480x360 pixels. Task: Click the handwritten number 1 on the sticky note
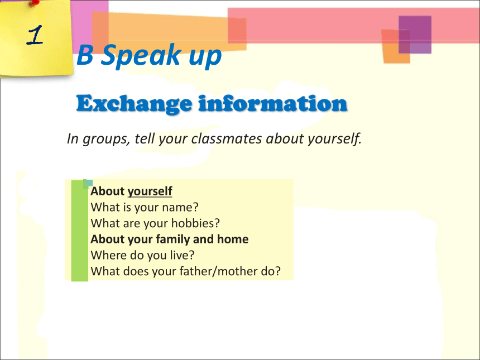[x=35, y=35]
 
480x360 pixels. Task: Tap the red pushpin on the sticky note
[x=35, y=2]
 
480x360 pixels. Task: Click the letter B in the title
[x=85, y=55]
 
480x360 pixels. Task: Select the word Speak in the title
[x=141, y=56]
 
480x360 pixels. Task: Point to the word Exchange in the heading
[x=134, y=104]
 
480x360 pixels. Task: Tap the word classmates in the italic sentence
[x=227, y=138]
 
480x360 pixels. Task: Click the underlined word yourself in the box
[x=150, y=191]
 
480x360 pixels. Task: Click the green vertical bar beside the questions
[x=80, y=231]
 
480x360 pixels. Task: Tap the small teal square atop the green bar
[x=88, y=184]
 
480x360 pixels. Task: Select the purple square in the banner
[x=415, y=35]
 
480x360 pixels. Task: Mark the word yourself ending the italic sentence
[x=335, y=139]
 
